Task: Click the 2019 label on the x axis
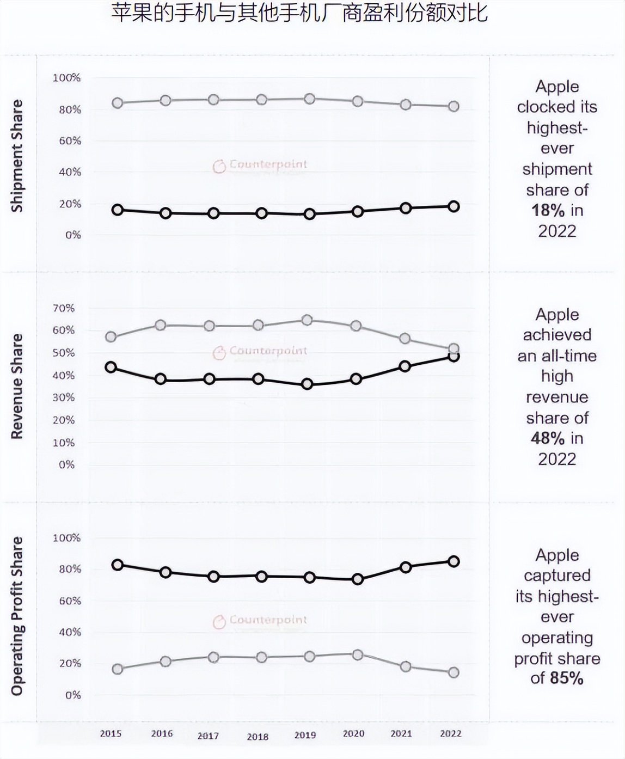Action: click(x=305, y=735)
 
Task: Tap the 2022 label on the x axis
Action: click(x=450, y=733)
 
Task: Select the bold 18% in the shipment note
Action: click(x=548, y=211)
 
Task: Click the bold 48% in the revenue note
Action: click(x=548, y=438)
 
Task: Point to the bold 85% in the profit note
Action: click(x=567, y=678)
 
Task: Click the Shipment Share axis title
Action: click(x=17, y=156)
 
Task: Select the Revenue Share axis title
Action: click(x=17, y=386)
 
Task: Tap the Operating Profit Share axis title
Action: click(x=17, y=616)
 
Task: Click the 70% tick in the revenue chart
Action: click(x=64, y=308)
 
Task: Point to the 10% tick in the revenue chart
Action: click(x=64, y=443)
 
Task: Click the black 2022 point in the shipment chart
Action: click(x=454, y=206)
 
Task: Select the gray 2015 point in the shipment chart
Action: click(x=117, y=103)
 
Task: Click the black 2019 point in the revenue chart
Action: click(x=307, y=384)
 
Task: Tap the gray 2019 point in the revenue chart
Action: click(x=307, y=320)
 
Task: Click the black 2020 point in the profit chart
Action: click(x=358, y=579)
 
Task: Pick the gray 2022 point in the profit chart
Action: click(x=454, y=672)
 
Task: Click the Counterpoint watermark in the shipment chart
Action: click(x=260, y=165)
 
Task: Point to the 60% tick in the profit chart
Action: click(x=70, y=601)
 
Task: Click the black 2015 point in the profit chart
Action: click(x=117, y=565)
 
